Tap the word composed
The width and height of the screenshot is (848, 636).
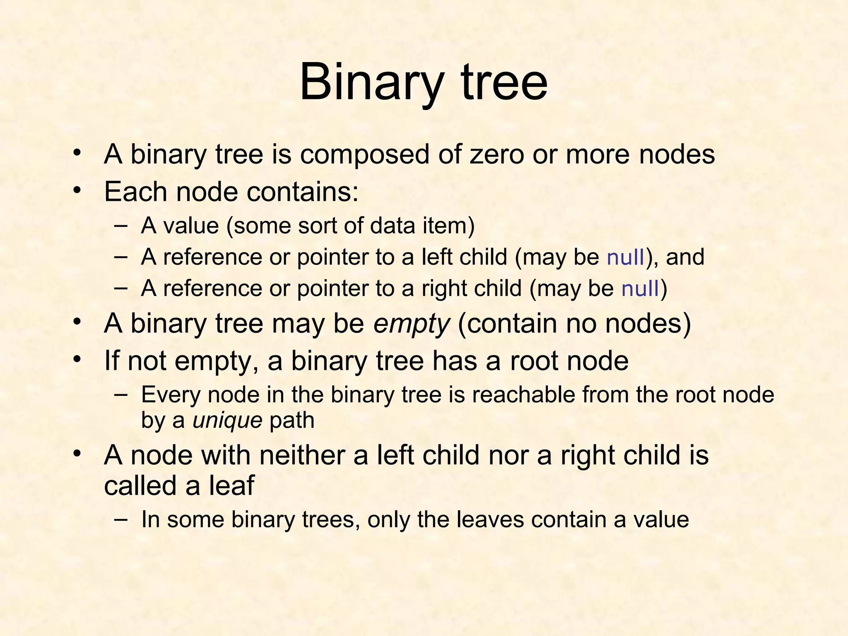point(365,155)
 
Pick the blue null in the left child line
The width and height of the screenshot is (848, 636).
point(625,257)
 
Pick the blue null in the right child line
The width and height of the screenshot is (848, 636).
point(640,288)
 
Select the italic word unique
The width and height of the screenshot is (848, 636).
point(227,421)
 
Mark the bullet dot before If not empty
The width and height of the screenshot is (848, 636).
point(76,359)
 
